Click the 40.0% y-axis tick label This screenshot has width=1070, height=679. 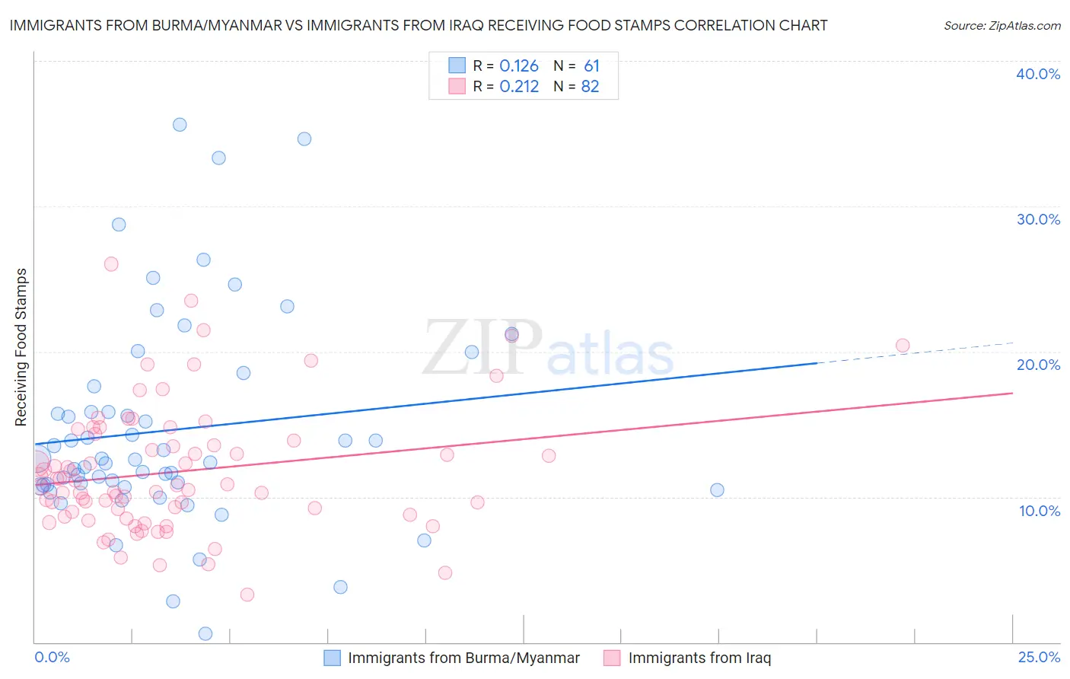(x=1038, y=74)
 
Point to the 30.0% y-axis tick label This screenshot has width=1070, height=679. (x=1038, y=219)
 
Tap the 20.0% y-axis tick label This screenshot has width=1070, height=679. (x=1038, y=365)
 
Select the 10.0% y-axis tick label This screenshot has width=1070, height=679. (x=1038, y=511)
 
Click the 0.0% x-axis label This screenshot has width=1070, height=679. (x=52, y=657)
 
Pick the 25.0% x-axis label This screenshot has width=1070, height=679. (x=1039, y=657)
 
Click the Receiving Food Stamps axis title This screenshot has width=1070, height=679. (x=21, y=347)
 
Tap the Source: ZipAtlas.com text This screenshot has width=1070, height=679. (x=1002, y=26)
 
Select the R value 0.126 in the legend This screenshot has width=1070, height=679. (x=519, y=66)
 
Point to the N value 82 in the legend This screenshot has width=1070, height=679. (x=590, y=87)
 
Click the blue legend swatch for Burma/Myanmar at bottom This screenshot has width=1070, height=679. (x=333, y=658)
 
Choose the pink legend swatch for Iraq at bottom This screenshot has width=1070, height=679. (x=613, y=658)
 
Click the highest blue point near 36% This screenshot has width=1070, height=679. (x=180, y=125)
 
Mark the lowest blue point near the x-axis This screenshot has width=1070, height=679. (x=205, y=633)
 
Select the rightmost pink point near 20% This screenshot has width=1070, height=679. (x=903, y=346)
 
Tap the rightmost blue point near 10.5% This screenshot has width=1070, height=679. (x=717, y=489)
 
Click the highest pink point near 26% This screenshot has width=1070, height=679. (x=111, y=264)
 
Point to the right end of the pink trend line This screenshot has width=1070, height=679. (x=1012, y=393)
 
